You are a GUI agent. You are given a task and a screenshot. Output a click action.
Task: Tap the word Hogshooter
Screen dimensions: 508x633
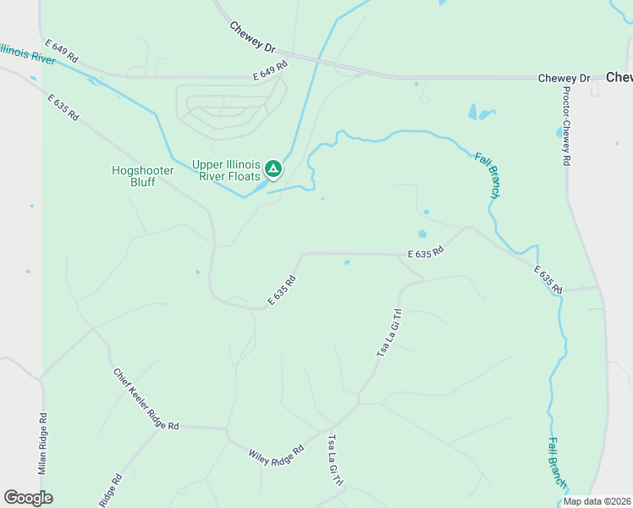pyautogui.click(x=143, y=170)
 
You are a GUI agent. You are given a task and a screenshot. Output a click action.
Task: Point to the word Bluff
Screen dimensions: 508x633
pyautogui.click(x=143, y=182)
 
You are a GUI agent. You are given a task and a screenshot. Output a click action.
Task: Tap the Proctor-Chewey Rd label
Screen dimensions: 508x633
pyautogui.click(x=565, y=126)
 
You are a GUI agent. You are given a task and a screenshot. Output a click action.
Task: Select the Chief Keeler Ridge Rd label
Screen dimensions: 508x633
pyautogui.click(x=145, y=399)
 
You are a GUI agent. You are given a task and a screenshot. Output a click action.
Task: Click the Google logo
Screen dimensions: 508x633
pyautogui.click(x=29, y=498)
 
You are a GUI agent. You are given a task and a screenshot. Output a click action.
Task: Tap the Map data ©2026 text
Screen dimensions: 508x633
pyautogui.click(x=597, y=501)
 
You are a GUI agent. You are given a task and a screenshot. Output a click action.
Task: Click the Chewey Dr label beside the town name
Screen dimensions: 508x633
pyautogui.click(x=564, y=78)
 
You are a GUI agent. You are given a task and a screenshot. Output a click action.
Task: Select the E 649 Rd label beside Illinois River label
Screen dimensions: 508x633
pyautogui.click(x=62, y=49)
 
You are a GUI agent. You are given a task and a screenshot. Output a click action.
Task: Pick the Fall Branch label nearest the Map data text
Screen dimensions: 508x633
pyautogui.click(x=557, y=462)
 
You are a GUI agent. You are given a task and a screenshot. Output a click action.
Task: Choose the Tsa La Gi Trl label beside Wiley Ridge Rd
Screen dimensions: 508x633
pyautogui.click(x=336, y=461)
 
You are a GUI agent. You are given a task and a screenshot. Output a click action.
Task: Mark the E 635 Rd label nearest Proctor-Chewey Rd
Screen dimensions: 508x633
pyautogui.click(x=548, y=280)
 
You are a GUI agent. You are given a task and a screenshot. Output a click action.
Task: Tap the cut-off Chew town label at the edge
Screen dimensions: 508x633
pyautogui.click(x=619, y=77)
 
